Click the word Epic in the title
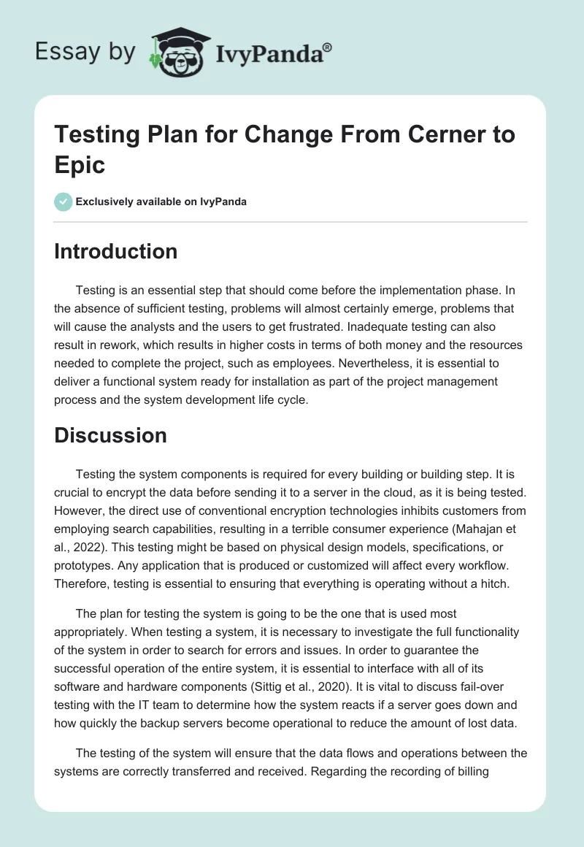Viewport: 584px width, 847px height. click(80, 164)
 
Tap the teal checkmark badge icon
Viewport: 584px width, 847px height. click(64, 202)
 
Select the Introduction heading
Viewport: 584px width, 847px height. click(115, 251)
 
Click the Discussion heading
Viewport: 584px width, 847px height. click(110, 436)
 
